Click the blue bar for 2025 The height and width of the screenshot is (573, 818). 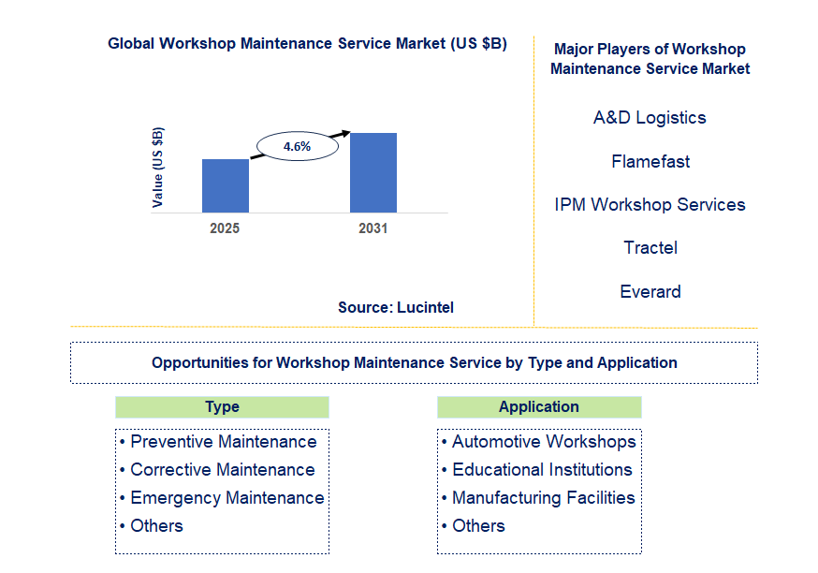226,185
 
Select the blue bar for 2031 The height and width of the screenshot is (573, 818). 373,172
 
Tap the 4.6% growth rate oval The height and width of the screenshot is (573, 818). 298,146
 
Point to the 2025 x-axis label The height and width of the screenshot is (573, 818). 225,228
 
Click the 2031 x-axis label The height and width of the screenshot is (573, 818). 373,228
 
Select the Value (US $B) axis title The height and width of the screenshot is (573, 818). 157,167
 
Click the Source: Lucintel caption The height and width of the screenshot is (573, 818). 396,307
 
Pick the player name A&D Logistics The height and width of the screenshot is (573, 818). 650,117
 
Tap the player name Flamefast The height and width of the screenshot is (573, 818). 650,161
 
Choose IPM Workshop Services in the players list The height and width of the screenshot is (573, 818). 650,204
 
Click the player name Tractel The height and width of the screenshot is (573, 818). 650,247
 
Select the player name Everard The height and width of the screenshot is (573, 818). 650,291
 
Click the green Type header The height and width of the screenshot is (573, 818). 222,407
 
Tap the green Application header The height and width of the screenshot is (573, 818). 539,407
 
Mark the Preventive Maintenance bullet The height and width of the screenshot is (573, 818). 218,442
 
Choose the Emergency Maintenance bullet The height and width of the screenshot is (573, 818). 222,498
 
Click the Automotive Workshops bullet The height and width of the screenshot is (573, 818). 538,442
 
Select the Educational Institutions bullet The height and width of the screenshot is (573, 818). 536,470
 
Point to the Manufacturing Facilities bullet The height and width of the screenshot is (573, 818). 538,498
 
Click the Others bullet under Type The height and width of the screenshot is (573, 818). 152,526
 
